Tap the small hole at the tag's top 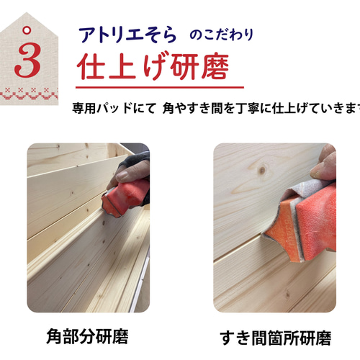(27, 30)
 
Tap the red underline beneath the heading (155, 86)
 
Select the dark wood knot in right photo (261, 170)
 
